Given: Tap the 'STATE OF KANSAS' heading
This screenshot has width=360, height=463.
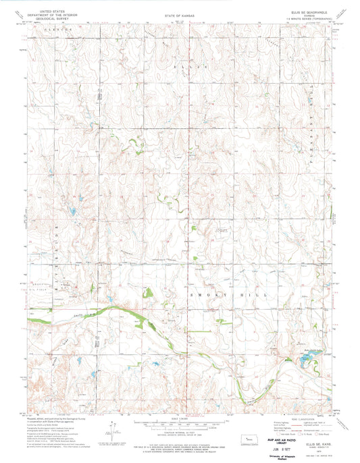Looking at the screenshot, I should [x=180, y=15].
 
